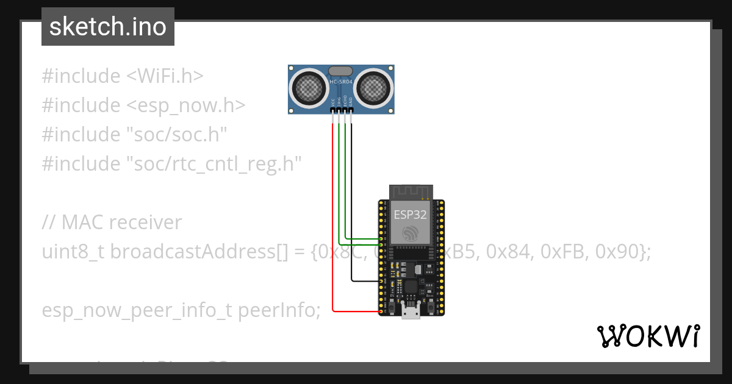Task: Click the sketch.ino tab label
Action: [x=107, y=27]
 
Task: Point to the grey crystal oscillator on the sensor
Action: [x=341, y=71]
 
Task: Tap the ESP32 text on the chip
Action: [x=410, y=214]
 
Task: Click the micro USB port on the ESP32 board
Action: [x=410, y=312]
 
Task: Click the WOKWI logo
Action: [x=648, y=336]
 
